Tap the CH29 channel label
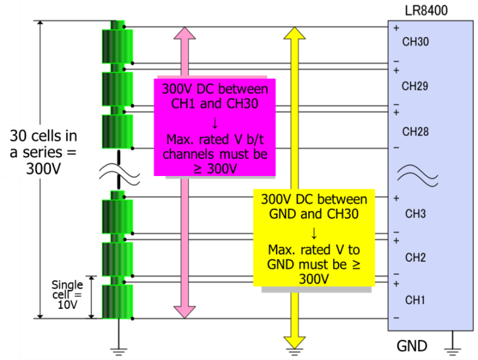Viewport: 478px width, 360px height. pos(415,86)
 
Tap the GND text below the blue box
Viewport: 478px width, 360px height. pos(412,347)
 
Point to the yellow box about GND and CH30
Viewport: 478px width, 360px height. pos(314,237)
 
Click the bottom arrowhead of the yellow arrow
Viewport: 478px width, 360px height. pos(295,342)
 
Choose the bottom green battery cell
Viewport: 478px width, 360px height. pos(117,300)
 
